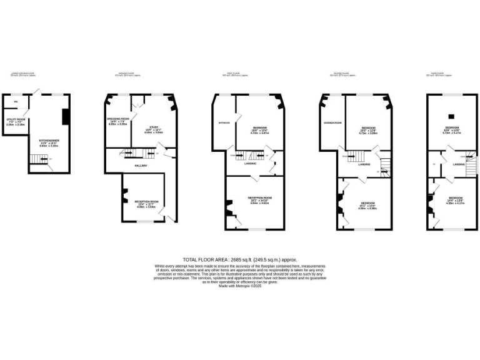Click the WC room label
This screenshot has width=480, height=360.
(x=16, y=101)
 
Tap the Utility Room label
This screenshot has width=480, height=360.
(x=15, y=120)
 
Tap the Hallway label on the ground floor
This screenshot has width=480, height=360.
(x=141, y=165)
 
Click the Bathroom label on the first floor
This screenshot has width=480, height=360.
(x=224, y=123)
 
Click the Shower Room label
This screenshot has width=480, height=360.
(x=332, y=122)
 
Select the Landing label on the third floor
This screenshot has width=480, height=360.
(x=459, y=164)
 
